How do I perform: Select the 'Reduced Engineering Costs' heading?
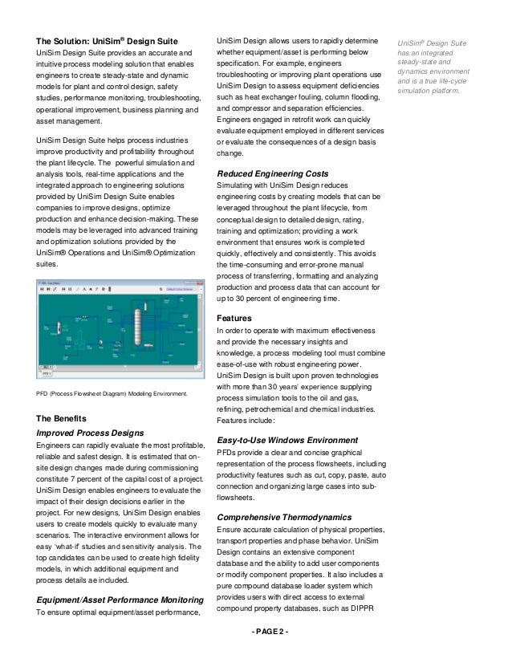tap(272, 173)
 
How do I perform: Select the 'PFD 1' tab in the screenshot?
tap(47, 374)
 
